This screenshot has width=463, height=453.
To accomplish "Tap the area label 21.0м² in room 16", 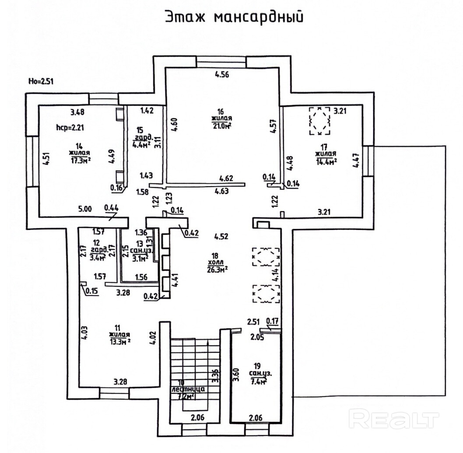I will point(222,126).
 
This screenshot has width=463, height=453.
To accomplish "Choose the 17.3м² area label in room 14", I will point(79,160).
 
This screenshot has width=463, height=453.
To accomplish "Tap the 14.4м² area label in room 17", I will point(326,161).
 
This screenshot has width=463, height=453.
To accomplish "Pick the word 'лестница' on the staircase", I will point(189,389).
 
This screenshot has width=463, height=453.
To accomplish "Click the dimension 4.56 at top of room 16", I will point(222,74).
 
